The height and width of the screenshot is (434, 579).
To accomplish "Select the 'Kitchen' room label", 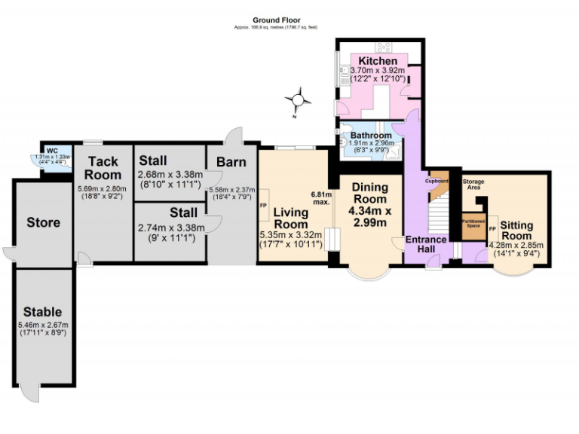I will pos(378,60).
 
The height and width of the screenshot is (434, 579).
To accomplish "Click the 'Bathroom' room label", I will pos(371,136).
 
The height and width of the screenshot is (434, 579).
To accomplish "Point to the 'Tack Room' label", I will pos(103,168).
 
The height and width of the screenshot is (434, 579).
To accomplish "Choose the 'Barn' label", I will pos(231,162).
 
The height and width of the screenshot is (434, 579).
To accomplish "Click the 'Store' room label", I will pos(43,222).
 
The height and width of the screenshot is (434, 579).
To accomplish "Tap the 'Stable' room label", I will pos(42,311).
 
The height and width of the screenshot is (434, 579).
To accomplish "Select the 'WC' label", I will pos(53,151).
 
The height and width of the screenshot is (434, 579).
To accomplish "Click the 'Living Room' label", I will pos(291,218).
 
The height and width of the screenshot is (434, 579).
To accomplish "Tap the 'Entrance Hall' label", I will pos(426,246).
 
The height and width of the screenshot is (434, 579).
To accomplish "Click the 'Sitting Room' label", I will pos(516,231).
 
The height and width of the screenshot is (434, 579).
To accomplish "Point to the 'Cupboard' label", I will pos(437,181).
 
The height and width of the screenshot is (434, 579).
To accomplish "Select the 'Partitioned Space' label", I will pos(473,223).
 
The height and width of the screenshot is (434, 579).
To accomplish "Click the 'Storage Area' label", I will pos(473,185).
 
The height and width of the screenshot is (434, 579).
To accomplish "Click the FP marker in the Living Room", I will pos(263,206).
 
